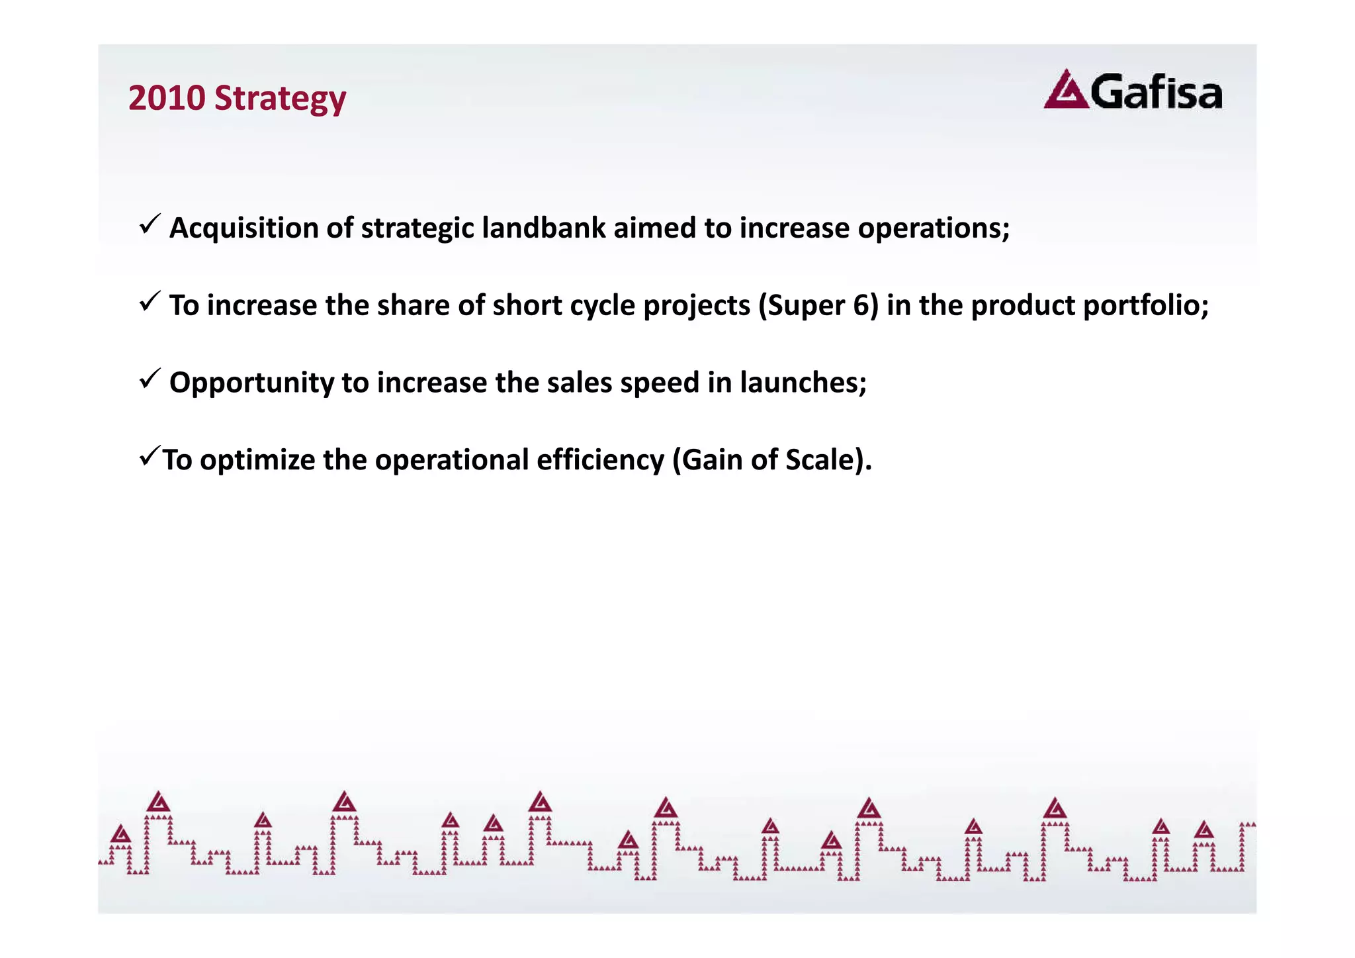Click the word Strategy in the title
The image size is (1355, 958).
click(x=280, y=99)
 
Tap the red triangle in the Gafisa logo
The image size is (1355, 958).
click(x=1065, y=90)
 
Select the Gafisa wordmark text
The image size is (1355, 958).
click(x=1156, y=93)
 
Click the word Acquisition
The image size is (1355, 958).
click(x=244, y=228)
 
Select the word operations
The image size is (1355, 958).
click(x=933, y=228)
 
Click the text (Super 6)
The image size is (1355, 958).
click(x=818, y=306)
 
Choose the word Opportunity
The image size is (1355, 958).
click(x=251, y=383)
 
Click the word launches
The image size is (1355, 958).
click(x=803, y=383)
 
